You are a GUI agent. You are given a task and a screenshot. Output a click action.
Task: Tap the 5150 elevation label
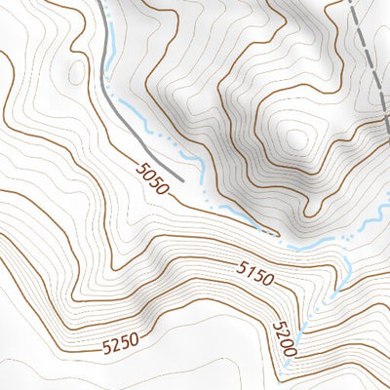[256, 274]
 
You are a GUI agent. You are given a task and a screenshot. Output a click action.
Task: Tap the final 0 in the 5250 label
[139, 337]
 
